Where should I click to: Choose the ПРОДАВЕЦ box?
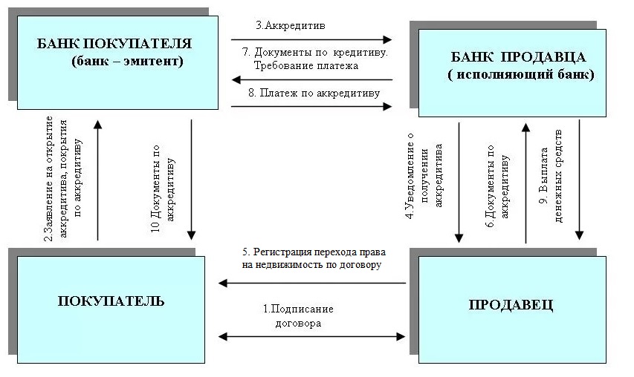coord(511,305)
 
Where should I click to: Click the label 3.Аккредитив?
coord(281,25)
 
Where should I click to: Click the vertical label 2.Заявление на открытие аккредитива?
coord(64,178)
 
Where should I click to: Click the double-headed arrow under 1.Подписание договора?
coord(312,337)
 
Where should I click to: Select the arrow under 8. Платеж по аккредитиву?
coord(311,107)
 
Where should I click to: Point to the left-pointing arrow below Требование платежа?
coord(311,79)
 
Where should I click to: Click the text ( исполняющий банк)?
coord(520,75)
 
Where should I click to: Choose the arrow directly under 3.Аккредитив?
coord(311,39)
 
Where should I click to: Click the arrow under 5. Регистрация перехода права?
coord(312,283)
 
